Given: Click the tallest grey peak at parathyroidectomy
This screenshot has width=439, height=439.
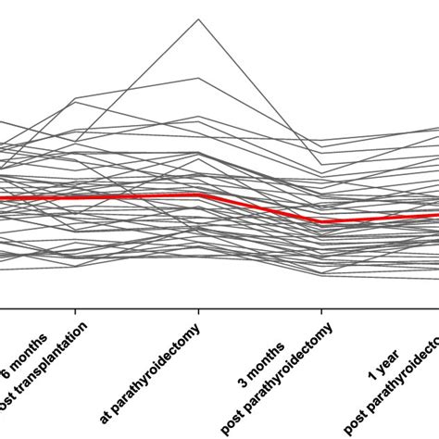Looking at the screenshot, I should (x=196, y=19).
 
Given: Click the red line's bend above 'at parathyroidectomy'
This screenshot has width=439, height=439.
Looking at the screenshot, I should (x=197, y=194).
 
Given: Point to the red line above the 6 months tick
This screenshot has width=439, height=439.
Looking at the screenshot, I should (x=76, y=197).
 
